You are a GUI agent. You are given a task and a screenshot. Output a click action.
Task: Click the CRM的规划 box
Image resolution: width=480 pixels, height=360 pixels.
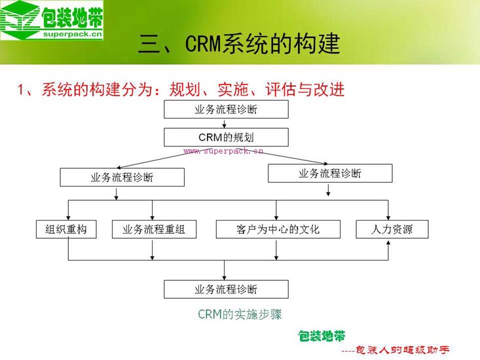click(x=226, y=137)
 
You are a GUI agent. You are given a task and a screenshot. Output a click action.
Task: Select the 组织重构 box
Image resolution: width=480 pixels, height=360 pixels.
click(x=66, y=229)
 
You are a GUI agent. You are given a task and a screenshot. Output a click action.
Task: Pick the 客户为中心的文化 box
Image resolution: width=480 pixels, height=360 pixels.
click(x=278, y=229)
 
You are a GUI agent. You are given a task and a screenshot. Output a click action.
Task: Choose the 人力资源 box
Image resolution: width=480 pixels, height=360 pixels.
click(x=392, y=229)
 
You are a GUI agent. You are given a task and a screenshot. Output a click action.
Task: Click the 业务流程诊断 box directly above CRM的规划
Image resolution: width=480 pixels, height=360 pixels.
click(x=226, y=109)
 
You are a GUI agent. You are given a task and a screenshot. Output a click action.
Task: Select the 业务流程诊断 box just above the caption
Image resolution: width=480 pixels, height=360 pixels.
click(x=226, y=289)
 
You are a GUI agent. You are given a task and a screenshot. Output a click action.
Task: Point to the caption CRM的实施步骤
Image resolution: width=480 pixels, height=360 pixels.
click(x=240, y=314)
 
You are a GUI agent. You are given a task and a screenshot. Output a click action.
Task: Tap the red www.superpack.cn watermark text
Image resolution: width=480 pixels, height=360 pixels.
click(x=223, y=151)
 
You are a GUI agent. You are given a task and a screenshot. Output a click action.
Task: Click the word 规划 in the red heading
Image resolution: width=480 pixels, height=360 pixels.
click(x=183, y=89)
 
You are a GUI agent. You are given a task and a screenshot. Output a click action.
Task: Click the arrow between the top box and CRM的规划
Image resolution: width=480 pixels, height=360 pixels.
click(x=226, y=123)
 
